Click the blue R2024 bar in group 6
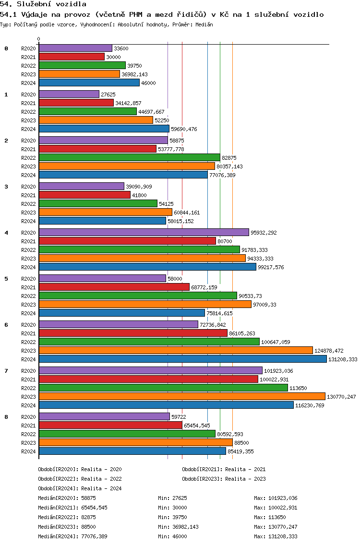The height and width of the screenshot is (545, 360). click(183, 359)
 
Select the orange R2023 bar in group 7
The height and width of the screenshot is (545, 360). click(182, 397)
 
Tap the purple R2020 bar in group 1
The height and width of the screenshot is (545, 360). click(69, 94)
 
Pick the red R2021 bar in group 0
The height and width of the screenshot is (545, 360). click(72, 57)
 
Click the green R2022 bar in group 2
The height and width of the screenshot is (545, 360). click(130, 157)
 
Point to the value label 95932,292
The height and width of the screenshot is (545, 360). click(264, 233)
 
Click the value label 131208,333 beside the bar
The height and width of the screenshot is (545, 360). click(343, 359)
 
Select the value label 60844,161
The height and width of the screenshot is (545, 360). click(187, 213)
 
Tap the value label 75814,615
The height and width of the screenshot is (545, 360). click(219, 313)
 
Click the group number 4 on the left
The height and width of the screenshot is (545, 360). click(6, 233)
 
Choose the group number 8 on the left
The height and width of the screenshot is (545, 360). click(6, 417)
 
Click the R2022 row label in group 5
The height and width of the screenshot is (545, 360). click(28, 296)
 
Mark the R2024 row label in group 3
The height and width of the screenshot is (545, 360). click(28, 222)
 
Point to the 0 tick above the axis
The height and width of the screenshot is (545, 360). click(38, 39)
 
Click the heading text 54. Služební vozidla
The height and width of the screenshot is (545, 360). click(43, 4)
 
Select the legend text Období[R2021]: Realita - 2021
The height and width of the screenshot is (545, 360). click(224, 469)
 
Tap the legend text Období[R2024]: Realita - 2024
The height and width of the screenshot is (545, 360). click(80, 488)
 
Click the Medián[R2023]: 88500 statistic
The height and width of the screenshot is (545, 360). click(67, 527)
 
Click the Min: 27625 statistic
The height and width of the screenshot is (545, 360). click(172, 498)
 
